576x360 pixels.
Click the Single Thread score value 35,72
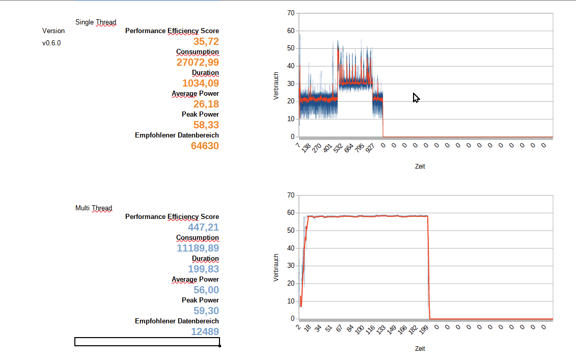(x=206, y=42)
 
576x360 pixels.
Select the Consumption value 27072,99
(x=198, y=63)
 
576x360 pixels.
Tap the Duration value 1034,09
(x=201, y=84)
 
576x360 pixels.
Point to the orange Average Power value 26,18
(x=206, y=104)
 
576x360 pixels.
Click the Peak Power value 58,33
(x=206, y=125)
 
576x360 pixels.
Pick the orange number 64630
(x=205, y=146)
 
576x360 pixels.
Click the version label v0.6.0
(x=51, y=43)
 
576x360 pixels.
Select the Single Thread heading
(x=96, y=22)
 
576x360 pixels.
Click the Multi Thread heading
(x=94, y=208)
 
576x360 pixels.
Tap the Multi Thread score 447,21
(x=203, y=228)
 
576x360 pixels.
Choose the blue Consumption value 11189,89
(x=198, y=248)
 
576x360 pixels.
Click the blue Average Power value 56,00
(x=206, y=290)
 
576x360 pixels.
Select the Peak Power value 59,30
(x=206, y=311)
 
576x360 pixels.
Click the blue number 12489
(x=205, y=332)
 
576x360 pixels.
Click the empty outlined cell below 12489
(x=147, y=342)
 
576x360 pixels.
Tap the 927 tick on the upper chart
(x=370, y=148)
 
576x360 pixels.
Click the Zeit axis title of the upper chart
(x=420, y=167)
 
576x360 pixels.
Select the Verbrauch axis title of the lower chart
(x=276, y=268)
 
